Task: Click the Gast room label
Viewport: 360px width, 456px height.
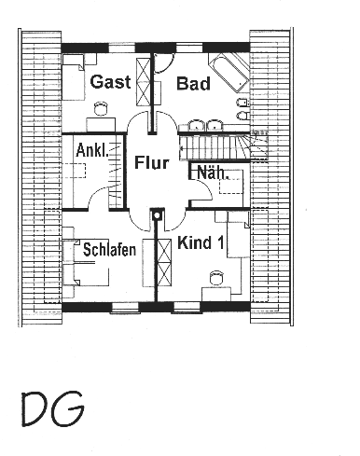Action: click(110, 82)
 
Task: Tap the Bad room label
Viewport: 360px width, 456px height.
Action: click(193, 84)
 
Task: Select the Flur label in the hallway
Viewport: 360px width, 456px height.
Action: click(152, 162)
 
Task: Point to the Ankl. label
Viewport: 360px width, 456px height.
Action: click(92, 150)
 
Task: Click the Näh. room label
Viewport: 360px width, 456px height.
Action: click(214, 173)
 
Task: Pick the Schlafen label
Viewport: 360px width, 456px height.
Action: click(109, 250)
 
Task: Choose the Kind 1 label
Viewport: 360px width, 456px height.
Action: click(201, 242)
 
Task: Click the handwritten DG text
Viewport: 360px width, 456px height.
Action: click(53, 408)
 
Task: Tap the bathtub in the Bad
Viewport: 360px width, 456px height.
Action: click(228, 73)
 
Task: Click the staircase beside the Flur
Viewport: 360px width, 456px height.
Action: click(223, 146)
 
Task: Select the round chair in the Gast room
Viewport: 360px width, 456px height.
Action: click(101, 108)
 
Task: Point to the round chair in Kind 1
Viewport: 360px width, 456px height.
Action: click(216, 277)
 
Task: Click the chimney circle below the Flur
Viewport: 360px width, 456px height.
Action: click(157, 215)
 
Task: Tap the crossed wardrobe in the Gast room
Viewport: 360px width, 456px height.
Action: click(144, 82)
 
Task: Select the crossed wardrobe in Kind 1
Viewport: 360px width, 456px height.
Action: click(164, 262)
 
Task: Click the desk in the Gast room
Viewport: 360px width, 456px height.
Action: click(101, 124)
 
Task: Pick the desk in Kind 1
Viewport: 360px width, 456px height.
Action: click(216, 294)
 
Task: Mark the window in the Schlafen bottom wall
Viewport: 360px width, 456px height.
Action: click(124, 307)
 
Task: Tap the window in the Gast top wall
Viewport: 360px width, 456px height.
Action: click(122, 48)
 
